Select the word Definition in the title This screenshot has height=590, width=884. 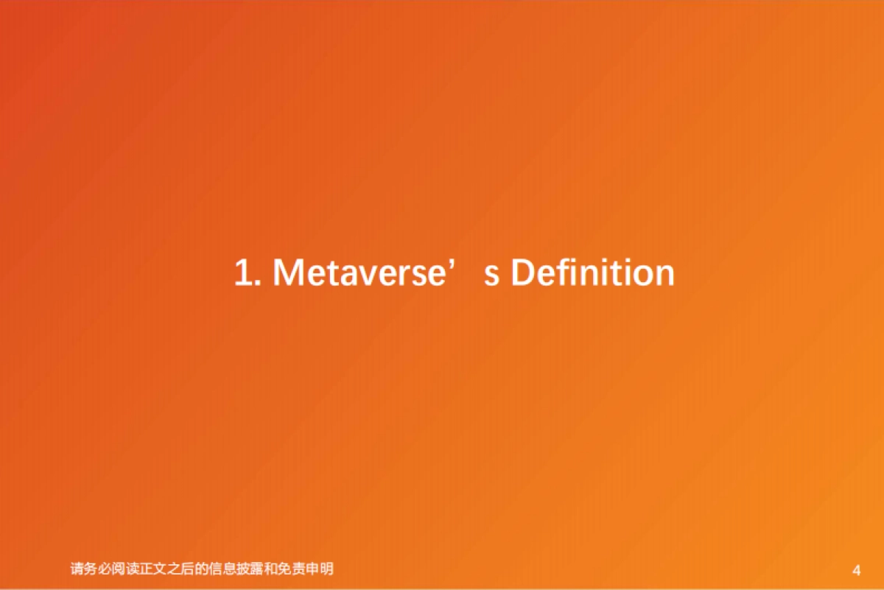(592, 273)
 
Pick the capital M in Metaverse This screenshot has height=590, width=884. (290, 273)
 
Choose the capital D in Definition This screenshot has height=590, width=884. (522, 273)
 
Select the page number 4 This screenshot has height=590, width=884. (856, 570)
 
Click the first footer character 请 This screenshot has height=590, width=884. (77, 569)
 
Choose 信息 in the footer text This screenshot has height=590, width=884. (230, 569)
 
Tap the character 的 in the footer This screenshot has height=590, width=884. (209, 569)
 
